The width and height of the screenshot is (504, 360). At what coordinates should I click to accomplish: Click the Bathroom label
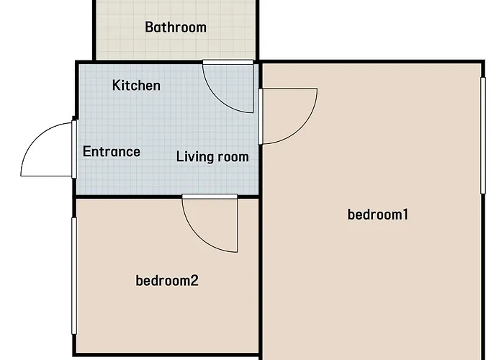(x=176, y=27)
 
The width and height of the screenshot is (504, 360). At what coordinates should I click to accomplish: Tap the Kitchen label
(x=136, y=85)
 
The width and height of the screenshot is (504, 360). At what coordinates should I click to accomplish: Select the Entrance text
(x=111, y=151)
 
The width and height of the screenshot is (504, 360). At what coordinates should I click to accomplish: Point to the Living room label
(x=212, y=156)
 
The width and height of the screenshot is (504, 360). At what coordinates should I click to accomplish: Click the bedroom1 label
(x=378, y=215)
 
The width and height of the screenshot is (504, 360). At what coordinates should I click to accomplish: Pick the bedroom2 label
(x=167, y=281)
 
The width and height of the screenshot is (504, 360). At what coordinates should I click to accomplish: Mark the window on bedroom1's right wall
(x=483, y=135)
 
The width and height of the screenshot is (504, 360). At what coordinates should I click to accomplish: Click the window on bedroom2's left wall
(x=74, y=276)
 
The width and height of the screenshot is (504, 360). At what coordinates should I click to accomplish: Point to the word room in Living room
(x=233, y=157)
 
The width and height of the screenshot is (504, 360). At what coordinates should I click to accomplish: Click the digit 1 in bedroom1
(x=405, y=215)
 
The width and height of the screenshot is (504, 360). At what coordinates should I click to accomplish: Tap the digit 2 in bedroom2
(x=194, y=281)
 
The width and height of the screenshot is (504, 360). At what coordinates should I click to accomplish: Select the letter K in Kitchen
(x=116, y=85)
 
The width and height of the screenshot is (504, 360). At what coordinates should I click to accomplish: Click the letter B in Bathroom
(x=148, y=27)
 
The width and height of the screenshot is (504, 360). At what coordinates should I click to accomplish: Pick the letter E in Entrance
(x=87, y=151)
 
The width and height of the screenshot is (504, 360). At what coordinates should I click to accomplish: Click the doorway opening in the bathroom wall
(x=228, y=62)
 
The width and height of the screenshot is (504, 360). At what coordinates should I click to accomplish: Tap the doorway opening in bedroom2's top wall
(x=210, y=196)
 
